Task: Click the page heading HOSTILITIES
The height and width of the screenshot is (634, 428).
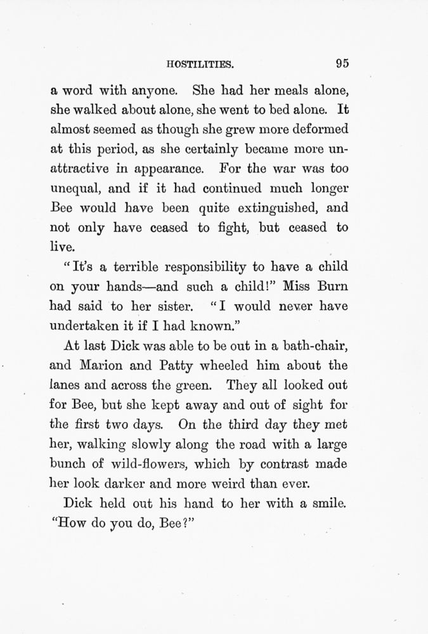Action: (x=200, y=64)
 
